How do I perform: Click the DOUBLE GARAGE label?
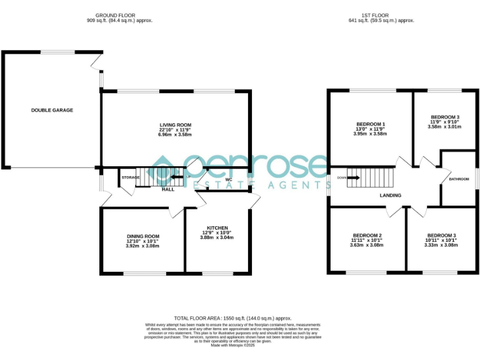tap(52, 111)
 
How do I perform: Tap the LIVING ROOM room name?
tap(175, 125)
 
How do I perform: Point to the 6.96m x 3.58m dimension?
tap(175, 135)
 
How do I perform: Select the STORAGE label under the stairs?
tap(130, 177)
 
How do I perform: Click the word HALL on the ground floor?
tap(168, 189)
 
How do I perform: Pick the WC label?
tap(229, 180)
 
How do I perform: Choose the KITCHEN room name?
tap(217, 227)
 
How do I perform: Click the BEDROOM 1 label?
tap(371, 124)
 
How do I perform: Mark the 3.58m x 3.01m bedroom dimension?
tap(444, 127)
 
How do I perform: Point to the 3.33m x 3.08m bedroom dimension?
tap(441, 246)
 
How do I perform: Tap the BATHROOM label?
tap(459, 179)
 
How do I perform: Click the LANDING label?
tap(391, 196)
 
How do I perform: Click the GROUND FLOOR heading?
tap(119, 14)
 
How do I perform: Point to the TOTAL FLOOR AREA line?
tap(232, 318)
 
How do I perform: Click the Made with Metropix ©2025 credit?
tap(232, 346)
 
